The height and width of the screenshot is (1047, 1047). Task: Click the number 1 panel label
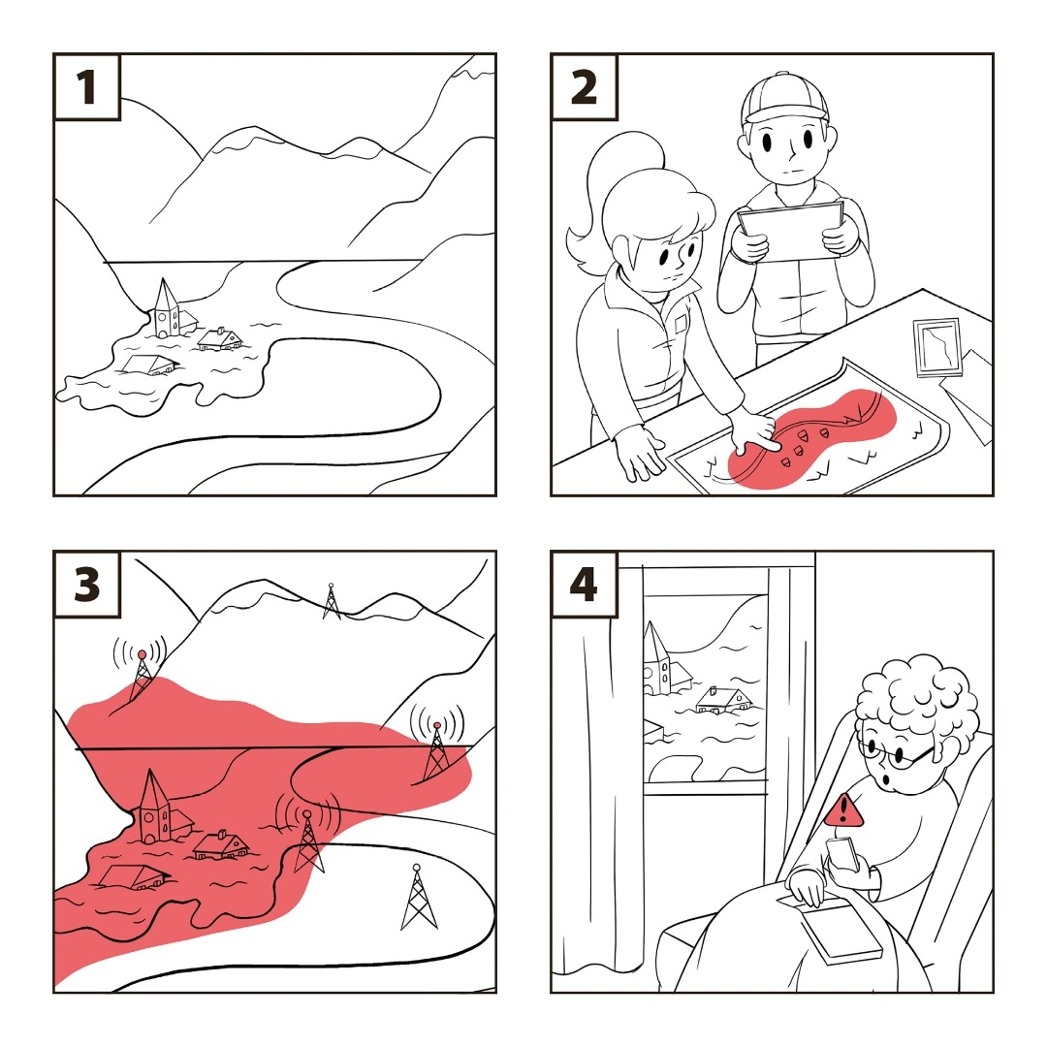point(87,87)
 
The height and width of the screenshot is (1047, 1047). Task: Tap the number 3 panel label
point(87,585)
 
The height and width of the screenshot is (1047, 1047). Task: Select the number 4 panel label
point(584,585)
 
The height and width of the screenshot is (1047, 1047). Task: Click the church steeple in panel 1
point(165,307)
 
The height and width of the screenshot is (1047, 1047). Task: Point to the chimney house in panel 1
point(220,339)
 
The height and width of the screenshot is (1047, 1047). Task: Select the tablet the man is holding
point(791,231)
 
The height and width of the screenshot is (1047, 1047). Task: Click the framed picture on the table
point(937,347)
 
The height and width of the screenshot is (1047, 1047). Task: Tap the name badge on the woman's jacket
point(681,324)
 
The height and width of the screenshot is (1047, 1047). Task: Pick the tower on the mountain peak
point(332,601)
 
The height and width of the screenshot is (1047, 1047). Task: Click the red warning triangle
point(844,809)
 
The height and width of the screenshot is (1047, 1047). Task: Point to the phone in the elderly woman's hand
point(842,855)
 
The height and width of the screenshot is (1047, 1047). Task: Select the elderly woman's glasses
point(894,752)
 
